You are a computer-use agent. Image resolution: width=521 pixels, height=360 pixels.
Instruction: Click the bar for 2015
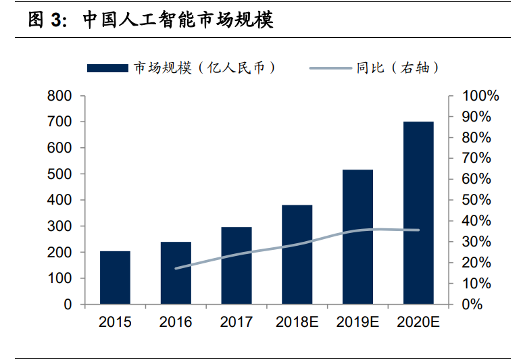[115, 278]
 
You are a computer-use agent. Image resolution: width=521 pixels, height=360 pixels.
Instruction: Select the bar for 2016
[176, 273]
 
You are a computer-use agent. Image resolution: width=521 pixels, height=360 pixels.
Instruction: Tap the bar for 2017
[237, 265]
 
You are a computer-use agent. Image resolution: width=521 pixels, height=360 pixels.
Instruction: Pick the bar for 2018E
[297, 255]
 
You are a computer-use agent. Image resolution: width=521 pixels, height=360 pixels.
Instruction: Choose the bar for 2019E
[357, 237]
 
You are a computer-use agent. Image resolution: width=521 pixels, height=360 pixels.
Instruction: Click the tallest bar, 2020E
[418, 213]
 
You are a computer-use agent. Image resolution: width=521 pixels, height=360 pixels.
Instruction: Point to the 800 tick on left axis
[59, 96]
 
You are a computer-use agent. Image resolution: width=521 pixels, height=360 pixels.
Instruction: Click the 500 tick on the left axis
[59, 174]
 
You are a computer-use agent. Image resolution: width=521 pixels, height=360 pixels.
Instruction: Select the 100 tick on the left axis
[59, 278]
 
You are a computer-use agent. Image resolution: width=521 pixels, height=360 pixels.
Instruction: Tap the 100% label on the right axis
[480, 96]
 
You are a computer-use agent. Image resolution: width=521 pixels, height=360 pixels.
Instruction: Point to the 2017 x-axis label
[237, 322]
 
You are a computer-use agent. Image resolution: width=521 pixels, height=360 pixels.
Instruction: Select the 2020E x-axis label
[418, 322]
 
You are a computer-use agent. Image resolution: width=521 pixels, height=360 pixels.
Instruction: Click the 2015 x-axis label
[115, 322]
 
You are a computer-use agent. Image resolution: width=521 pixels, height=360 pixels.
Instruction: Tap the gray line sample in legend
[331, 68]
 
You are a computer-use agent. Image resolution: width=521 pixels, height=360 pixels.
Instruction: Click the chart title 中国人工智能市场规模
[178, 20]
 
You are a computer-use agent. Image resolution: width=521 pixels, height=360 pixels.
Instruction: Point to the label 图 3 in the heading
[47, 20]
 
